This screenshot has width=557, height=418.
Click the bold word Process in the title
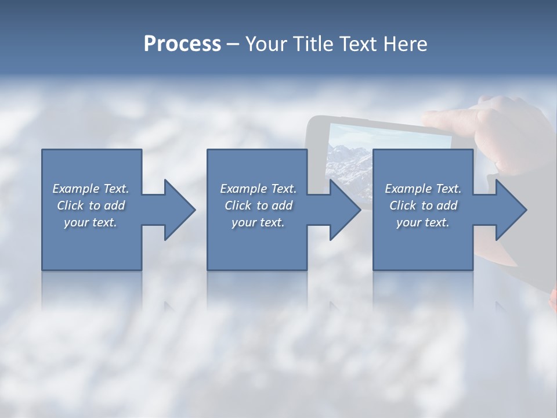click(182, 44)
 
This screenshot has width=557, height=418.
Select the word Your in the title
click(267, 44)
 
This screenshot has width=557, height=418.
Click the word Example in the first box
click(75, 189)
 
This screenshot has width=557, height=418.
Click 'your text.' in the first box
click(91, 222)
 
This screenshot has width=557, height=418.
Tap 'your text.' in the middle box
click(258, 222)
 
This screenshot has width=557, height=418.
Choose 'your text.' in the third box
click(423, 222)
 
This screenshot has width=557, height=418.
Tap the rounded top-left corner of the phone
click(312, 122)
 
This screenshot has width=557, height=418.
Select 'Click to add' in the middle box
click(258, 206)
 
